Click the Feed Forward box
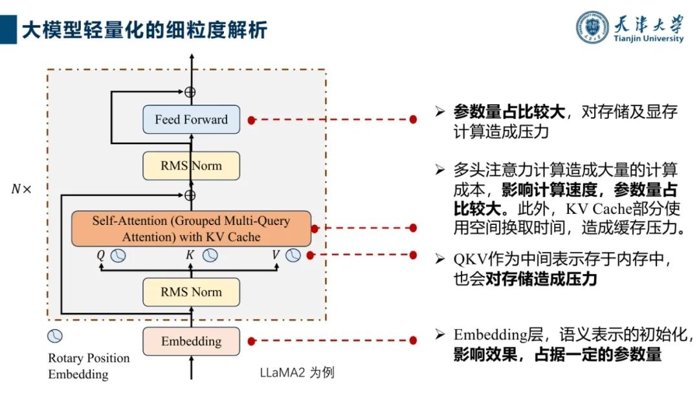(191, 120)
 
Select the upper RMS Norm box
(191, 166)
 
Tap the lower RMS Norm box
(191, 292)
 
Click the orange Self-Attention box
(191, 228)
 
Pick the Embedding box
(191, 341)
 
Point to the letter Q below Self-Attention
(100, 255)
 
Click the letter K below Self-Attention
(190, 255)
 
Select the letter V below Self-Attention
(276, 255)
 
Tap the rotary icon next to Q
(117, 255)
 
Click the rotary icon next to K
(210, 255)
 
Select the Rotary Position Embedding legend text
(89, 366)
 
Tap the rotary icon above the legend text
(56, 336)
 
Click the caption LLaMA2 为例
(296, 373)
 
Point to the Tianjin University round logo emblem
(593, 27)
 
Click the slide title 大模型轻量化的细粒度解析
(144, 30)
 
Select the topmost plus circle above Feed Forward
(190, 92)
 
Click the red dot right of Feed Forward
(252, 120)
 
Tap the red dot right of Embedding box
(252, 341)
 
